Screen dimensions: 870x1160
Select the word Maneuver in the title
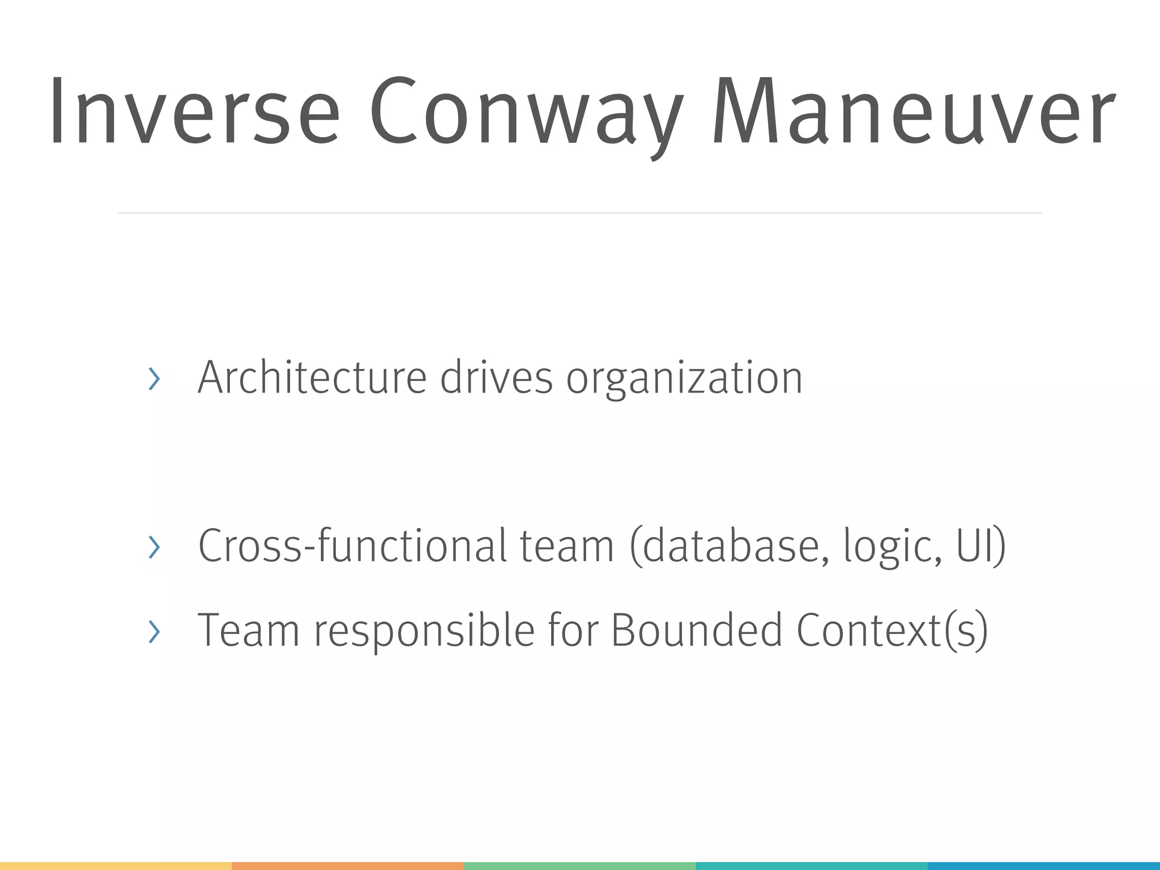914,111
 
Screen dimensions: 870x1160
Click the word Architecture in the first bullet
312,378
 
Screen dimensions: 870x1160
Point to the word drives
496,378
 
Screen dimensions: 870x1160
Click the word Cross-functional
352,545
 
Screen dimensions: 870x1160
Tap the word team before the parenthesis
567,545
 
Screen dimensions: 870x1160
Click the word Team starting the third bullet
248,630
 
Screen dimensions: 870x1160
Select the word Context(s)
892,630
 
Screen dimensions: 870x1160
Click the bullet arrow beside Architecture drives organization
153,379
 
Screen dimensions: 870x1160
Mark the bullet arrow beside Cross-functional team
153,547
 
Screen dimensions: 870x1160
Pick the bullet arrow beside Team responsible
153,631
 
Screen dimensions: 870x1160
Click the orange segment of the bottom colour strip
348,866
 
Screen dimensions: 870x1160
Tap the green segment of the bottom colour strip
579,866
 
